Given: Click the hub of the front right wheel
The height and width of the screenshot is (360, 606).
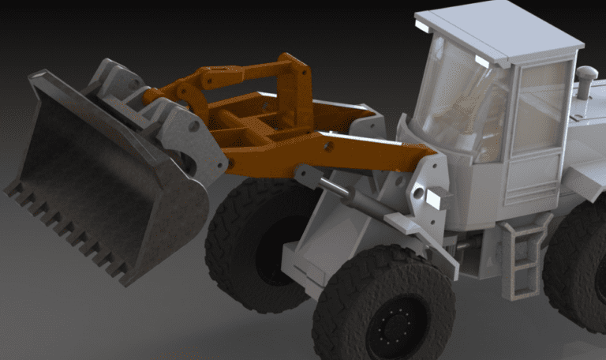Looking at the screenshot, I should [x=395, y=324].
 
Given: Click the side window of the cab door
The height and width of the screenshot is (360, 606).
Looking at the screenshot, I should [x=541, y=107].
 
